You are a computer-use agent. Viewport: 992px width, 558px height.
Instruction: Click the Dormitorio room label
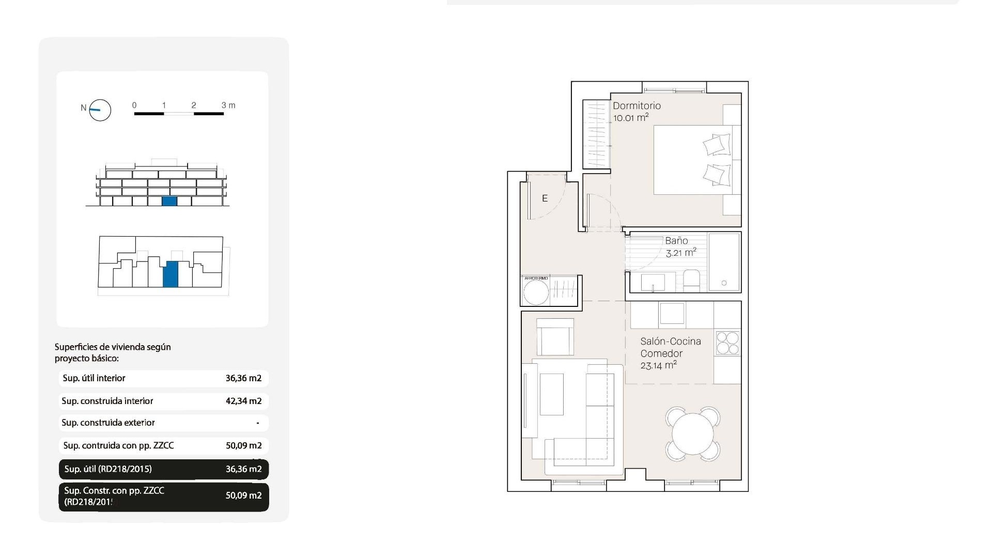point(637,106)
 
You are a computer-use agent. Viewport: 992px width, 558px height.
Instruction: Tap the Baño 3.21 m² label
point(679,247)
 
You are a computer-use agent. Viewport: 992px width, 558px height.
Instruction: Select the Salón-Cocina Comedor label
point(670,347)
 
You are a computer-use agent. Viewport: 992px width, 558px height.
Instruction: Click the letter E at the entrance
point(545,198)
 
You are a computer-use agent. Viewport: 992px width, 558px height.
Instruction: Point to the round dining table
point(692,434)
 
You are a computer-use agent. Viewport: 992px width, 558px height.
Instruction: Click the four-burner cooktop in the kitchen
point(727,343)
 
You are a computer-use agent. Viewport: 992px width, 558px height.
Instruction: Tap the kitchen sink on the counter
point(672,313)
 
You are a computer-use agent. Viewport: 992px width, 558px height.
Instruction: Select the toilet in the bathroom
point(691,280)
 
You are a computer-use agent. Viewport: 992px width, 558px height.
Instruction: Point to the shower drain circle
point(724,283)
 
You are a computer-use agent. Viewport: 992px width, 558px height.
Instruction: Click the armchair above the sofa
point(555,337)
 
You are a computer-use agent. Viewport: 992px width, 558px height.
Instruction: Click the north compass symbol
point(100,110)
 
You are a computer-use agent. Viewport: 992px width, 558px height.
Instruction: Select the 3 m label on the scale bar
point(228,105)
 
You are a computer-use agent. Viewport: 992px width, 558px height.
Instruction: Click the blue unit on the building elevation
point(169,202)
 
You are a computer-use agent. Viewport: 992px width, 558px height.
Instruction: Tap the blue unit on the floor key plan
point(171,274)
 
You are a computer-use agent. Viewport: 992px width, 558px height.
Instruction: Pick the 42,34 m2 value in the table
point(243,401)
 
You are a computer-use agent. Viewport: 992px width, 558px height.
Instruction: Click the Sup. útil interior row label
point(94,378)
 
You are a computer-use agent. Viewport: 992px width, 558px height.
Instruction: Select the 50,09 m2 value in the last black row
point(243,495)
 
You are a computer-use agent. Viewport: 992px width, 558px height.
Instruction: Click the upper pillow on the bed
point(717,145)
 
